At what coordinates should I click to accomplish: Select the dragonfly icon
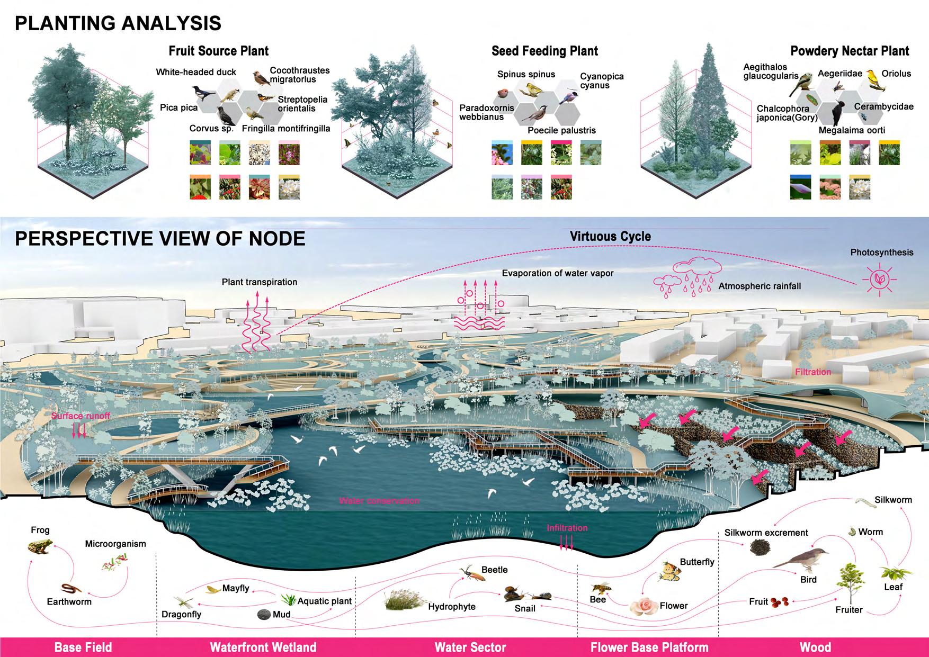[185, 601]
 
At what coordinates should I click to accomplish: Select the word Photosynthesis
[882, 253]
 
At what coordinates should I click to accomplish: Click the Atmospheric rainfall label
[760, 286]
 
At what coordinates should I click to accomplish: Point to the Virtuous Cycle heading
[610, 237]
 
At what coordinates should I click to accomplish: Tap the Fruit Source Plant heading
[218, 51]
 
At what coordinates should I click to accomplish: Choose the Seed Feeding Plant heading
[544, 51]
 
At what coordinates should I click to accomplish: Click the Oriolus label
[896, 74]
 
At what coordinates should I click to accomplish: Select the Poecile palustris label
[561, 130]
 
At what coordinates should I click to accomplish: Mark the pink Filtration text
[813, 372]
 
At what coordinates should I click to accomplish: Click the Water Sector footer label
[470, 647]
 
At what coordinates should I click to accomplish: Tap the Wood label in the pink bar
[815, 647]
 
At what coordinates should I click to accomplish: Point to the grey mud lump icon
[264, 615]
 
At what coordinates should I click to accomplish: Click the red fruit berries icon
[782, 601]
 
